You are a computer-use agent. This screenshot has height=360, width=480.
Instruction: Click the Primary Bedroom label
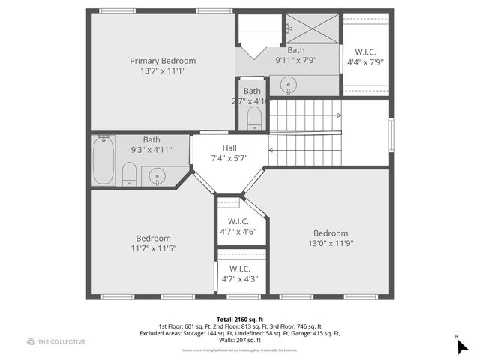coord(163,61)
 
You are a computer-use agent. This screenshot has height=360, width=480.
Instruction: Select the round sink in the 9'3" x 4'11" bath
coord(157,177)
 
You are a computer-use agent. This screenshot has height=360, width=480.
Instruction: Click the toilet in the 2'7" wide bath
coord(253,116)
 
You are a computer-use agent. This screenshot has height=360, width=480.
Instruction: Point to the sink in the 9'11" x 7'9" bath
coord(289,85)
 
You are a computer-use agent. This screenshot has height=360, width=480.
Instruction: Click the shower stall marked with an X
coord(311,30)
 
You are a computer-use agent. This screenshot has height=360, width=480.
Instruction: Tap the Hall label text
coord(229,148)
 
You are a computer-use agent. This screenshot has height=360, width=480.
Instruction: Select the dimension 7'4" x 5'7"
coord(229,158)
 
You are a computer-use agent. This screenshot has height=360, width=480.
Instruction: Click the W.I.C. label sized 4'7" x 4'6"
coord(238,221)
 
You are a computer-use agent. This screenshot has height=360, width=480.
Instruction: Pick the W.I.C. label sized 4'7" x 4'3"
coord(239,268)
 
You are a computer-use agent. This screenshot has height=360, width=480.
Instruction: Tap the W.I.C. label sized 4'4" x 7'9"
coord(365,52)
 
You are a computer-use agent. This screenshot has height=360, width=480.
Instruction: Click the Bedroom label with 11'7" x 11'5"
coord(153,238)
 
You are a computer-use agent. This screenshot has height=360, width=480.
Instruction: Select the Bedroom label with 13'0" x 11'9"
coord(331,232)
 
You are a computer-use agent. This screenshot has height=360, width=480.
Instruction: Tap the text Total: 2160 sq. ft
coord(239,319)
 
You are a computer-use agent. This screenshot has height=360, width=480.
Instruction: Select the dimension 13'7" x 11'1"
coord(163,70)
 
